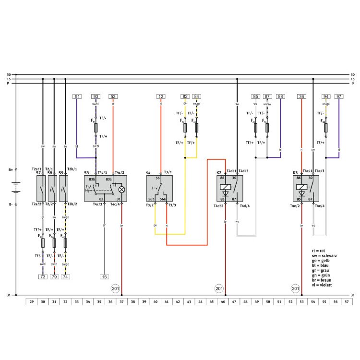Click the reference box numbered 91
coord(77,96)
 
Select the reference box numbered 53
coord(113,96)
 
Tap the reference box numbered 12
coord(161,96)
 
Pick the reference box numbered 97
coord(339,96)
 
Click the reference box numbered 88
coord(280,96)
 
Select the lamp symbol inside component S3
coord(121,189)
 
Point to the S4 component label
coord(149,172)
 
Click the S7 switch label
coord(38,172)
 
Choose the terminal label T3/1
coord(168,172)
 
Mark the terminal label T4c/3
coord(98,204)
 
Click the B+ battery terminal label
coord(11,169)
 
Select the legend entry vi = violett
coord(323,285)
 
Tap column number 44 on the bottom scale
coord(200,302)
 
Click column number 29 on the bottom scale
coord(31,302)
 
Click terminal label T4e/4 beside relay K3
coord(320,205)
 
